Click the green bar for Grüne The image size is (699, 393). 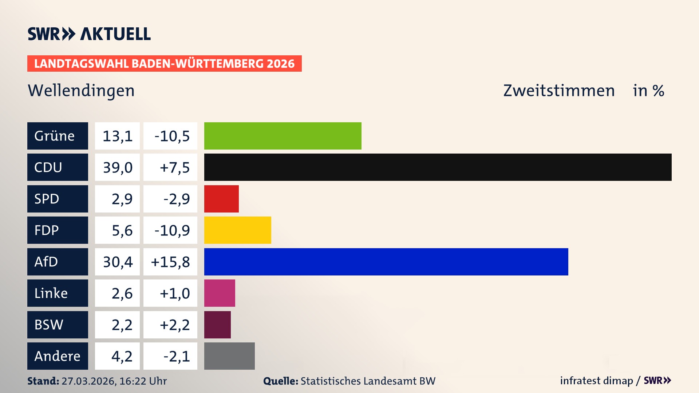pos(283,136)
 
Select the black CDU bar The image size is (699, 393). pos(438,167)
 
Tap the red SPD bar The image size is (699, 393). pos(221,199)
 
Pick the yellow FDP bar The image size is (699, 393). pos(237,230)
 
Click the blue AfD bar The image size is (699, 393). pos(386,262)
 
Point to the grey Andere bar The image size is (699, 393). pos(229,356)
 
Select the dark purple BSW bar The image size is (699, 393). pos(217,325)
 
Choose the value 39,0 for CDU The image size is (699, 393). pos(117,167)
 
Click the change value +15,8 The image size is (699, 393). pos(170,262)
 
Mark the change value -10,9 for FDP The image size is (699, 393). pos(172,230)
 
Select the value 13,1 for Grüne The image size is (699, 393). pos(117,136)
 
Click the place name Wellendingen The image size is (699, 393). pos(81,91)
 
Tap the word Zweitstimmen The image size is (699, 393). pos(559,91)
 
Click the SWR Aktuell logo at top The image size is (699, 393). pos(89,34)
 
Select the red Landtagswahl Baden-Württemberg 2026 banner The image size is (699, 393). pos(164,64)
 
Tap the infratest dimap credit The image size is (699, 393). pos(596,381)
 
